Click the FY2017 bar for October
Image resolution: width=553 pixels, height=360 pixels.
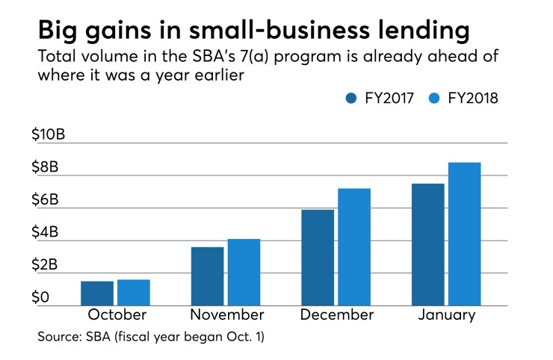click(x=97, y=294)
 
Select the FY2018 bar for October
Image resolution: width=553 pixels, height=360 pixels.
click(x=134, y=293)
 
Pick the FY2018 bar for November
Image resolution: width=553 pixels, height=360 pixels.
click(x=244, y=272)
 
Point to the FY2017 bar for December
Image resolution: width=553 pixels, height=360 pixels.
click(x=318, y=258)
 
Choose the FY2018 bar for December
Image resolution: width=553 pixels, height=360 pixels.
click(x=354, y=247)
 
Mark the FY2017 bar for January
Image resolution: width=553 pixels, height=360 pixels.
click(x=427, y=244)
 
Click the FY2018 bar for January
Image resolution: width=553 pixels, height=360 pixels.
click(x=464, y=234)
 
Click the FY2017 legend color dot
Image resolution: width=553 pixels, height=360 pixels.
click(x=353, y=98)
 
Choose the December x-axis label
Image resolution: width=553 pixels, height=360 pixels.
click(x=336, y=314)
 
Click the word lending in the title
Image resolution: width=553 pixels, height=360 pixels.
click(x=417, y=31)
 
